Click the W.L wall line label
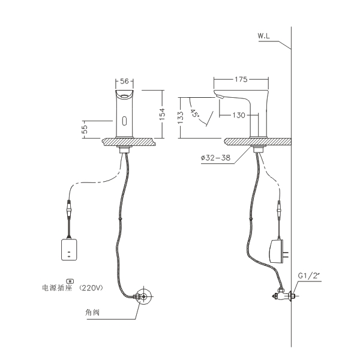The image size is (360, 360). click(264, 36)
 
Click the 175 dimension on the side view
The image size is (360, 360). click(241, 79)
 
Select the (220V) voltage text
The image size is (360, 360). click(91, 287)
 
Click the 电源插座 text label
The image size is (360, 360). click(57, 287)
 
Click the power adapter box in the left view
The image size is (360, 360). click(70, 250)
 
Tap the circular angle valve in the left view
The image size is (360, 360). click(143, 296)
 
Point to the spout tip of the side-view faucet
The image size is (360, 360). click(218, 97)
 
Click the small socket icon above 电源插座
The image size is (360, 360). click(70, 279)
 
